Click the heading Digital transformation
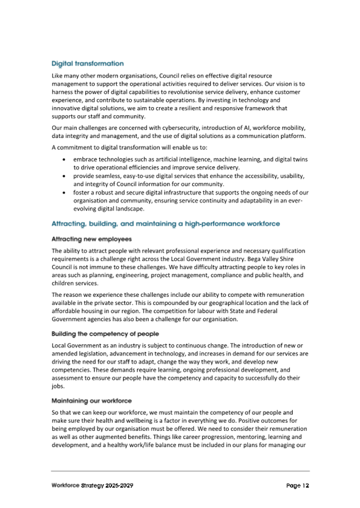(87, 63)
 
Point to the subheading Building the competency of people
(105, 334)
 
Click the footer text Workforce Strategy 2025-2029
(92, 486)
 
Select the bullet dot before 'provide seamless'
(64, 176)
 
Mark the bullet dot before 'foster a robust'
(64, 192)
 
